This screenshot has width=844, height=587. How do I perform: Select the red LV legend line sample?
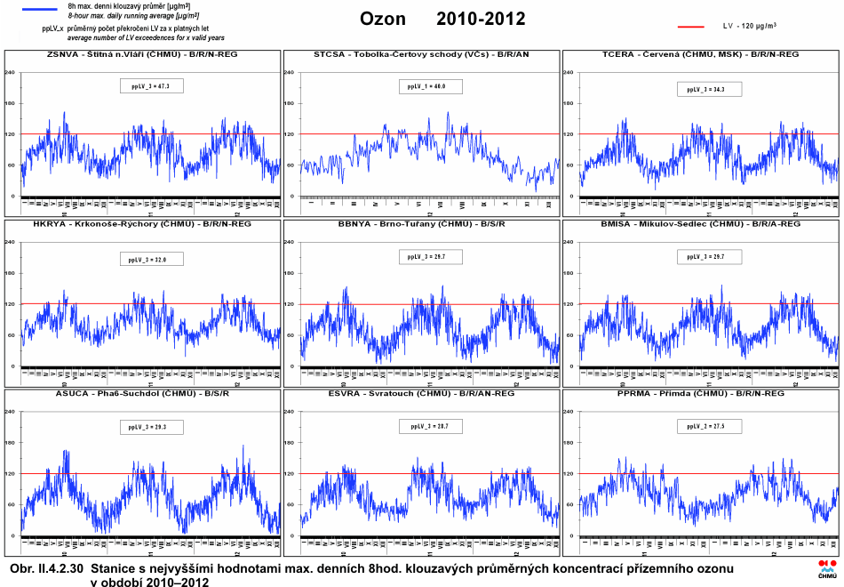point(690,27)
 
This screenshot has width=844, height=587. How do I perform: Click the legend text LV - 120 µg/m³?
point(750,27)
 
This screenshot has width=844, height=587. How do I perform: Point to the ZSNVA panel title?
point(142,54)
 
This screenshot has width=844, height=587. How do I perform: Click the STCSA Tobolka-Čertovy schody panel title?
point(421,54)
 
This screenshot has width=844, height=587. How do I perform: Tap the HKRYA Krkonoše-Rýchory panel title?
point(142,224)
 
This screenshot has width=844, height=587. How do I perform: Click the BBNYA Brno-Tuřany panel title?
point(421,224)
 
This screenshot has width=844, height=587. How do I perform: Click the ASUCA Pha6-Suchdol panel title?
point(142,393)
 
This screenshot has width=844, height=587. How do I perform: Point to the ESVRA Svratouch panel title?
point(421,393)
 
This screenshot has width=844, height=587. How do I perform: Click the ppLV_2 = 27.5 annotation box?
point(709,427)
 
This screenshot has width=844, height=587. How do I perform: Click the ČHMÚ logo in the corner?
point(827,571)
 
